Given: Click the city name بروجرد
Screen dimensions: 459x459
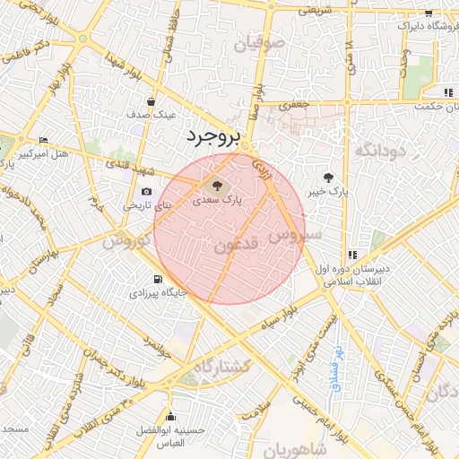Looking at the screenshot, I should [213, 137].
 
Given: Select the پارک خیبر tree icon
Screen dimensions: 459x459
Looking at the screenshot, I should [328, 177].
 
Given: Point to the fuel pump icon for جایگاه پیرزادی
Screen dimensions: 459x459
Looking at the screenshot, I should [159, 278].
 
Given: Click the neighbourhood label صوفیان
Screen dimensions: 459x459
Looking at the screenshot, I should [260, 42].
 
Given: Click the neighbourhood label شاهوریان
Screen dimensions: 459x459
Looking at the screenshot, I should [289, 446].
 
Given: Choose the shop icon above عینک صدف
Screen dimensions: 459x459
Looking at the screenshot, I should [151, 100].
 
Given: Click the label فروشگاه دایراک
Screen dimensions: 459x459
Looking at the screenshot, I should [420, 26].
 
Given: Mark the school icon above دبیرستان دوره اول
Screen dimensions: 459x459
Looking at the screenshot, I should [351, 254].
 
